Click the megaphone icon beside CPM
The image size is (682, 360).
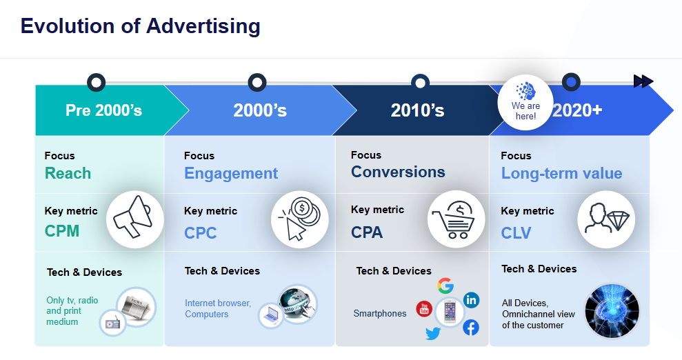click(x=132, y=217)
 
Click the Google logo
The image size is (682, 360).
click(x=445, y=286)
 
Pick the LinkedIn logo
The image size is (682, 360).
click(x=471, y=300)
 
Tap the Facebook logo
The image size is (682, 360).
click(x=470, y=328)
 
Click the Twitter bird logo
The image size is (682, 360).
click(x=433, y=334)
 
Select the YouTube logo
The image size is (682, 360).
click(x=424, y=309)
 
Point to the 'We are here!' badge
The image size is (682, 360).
click(x=525, y=103)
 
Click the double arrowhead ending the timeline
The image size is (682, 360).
click(x=643, y=81)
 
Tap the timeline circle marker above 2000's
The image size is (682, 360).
click(x=257, y=82)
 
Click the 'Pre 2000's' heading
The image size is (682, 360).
click(x=104, y=110)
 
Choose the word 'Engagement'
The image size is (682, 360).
click(x=231, y=174)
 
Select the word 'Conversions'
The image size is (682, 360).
click(x=398, y=172)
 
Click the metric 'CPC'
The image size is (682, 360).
click(x=200, y=233)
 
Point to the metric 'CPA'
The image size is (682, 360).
click(x=367, y=232)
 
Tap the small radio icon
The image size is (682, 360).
click(x=112, y=323)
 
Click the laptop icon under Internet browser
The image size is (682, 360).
click(x=272, y=314)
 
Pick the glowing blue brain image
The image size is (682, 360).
click(x=612, y=311)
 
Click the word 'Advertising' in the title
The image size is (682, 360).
click(x=203, y=26)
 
